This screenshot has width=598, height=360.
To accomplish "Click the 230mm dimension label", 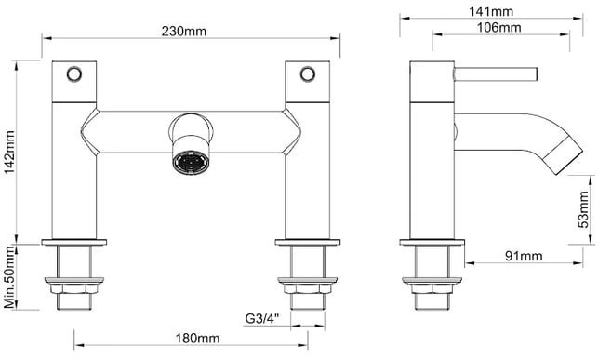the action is [184, 31].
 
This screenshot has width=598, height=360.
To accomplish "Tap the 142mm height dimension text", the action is [9, 152].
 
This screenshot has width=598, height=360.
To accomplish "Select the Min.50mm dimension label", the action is [9, 277].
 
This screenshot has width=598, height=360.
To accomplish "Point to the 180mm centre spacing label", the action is [197, 338].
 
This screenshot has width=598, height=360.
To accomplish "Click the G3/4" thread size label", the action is [262, 318].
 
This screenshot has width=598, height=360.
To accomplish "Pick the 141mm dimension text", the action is [491, 11].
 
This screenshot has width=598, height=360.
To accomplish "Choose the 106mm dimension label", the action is [498, 28].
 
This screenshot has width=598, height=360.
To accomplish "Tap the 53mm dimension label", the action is [583, 209].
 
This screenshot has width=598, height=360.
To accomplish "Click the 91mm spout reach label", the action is [524, 256].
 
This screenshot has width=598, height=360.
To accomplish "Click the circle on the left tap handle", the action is [74, 74].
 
